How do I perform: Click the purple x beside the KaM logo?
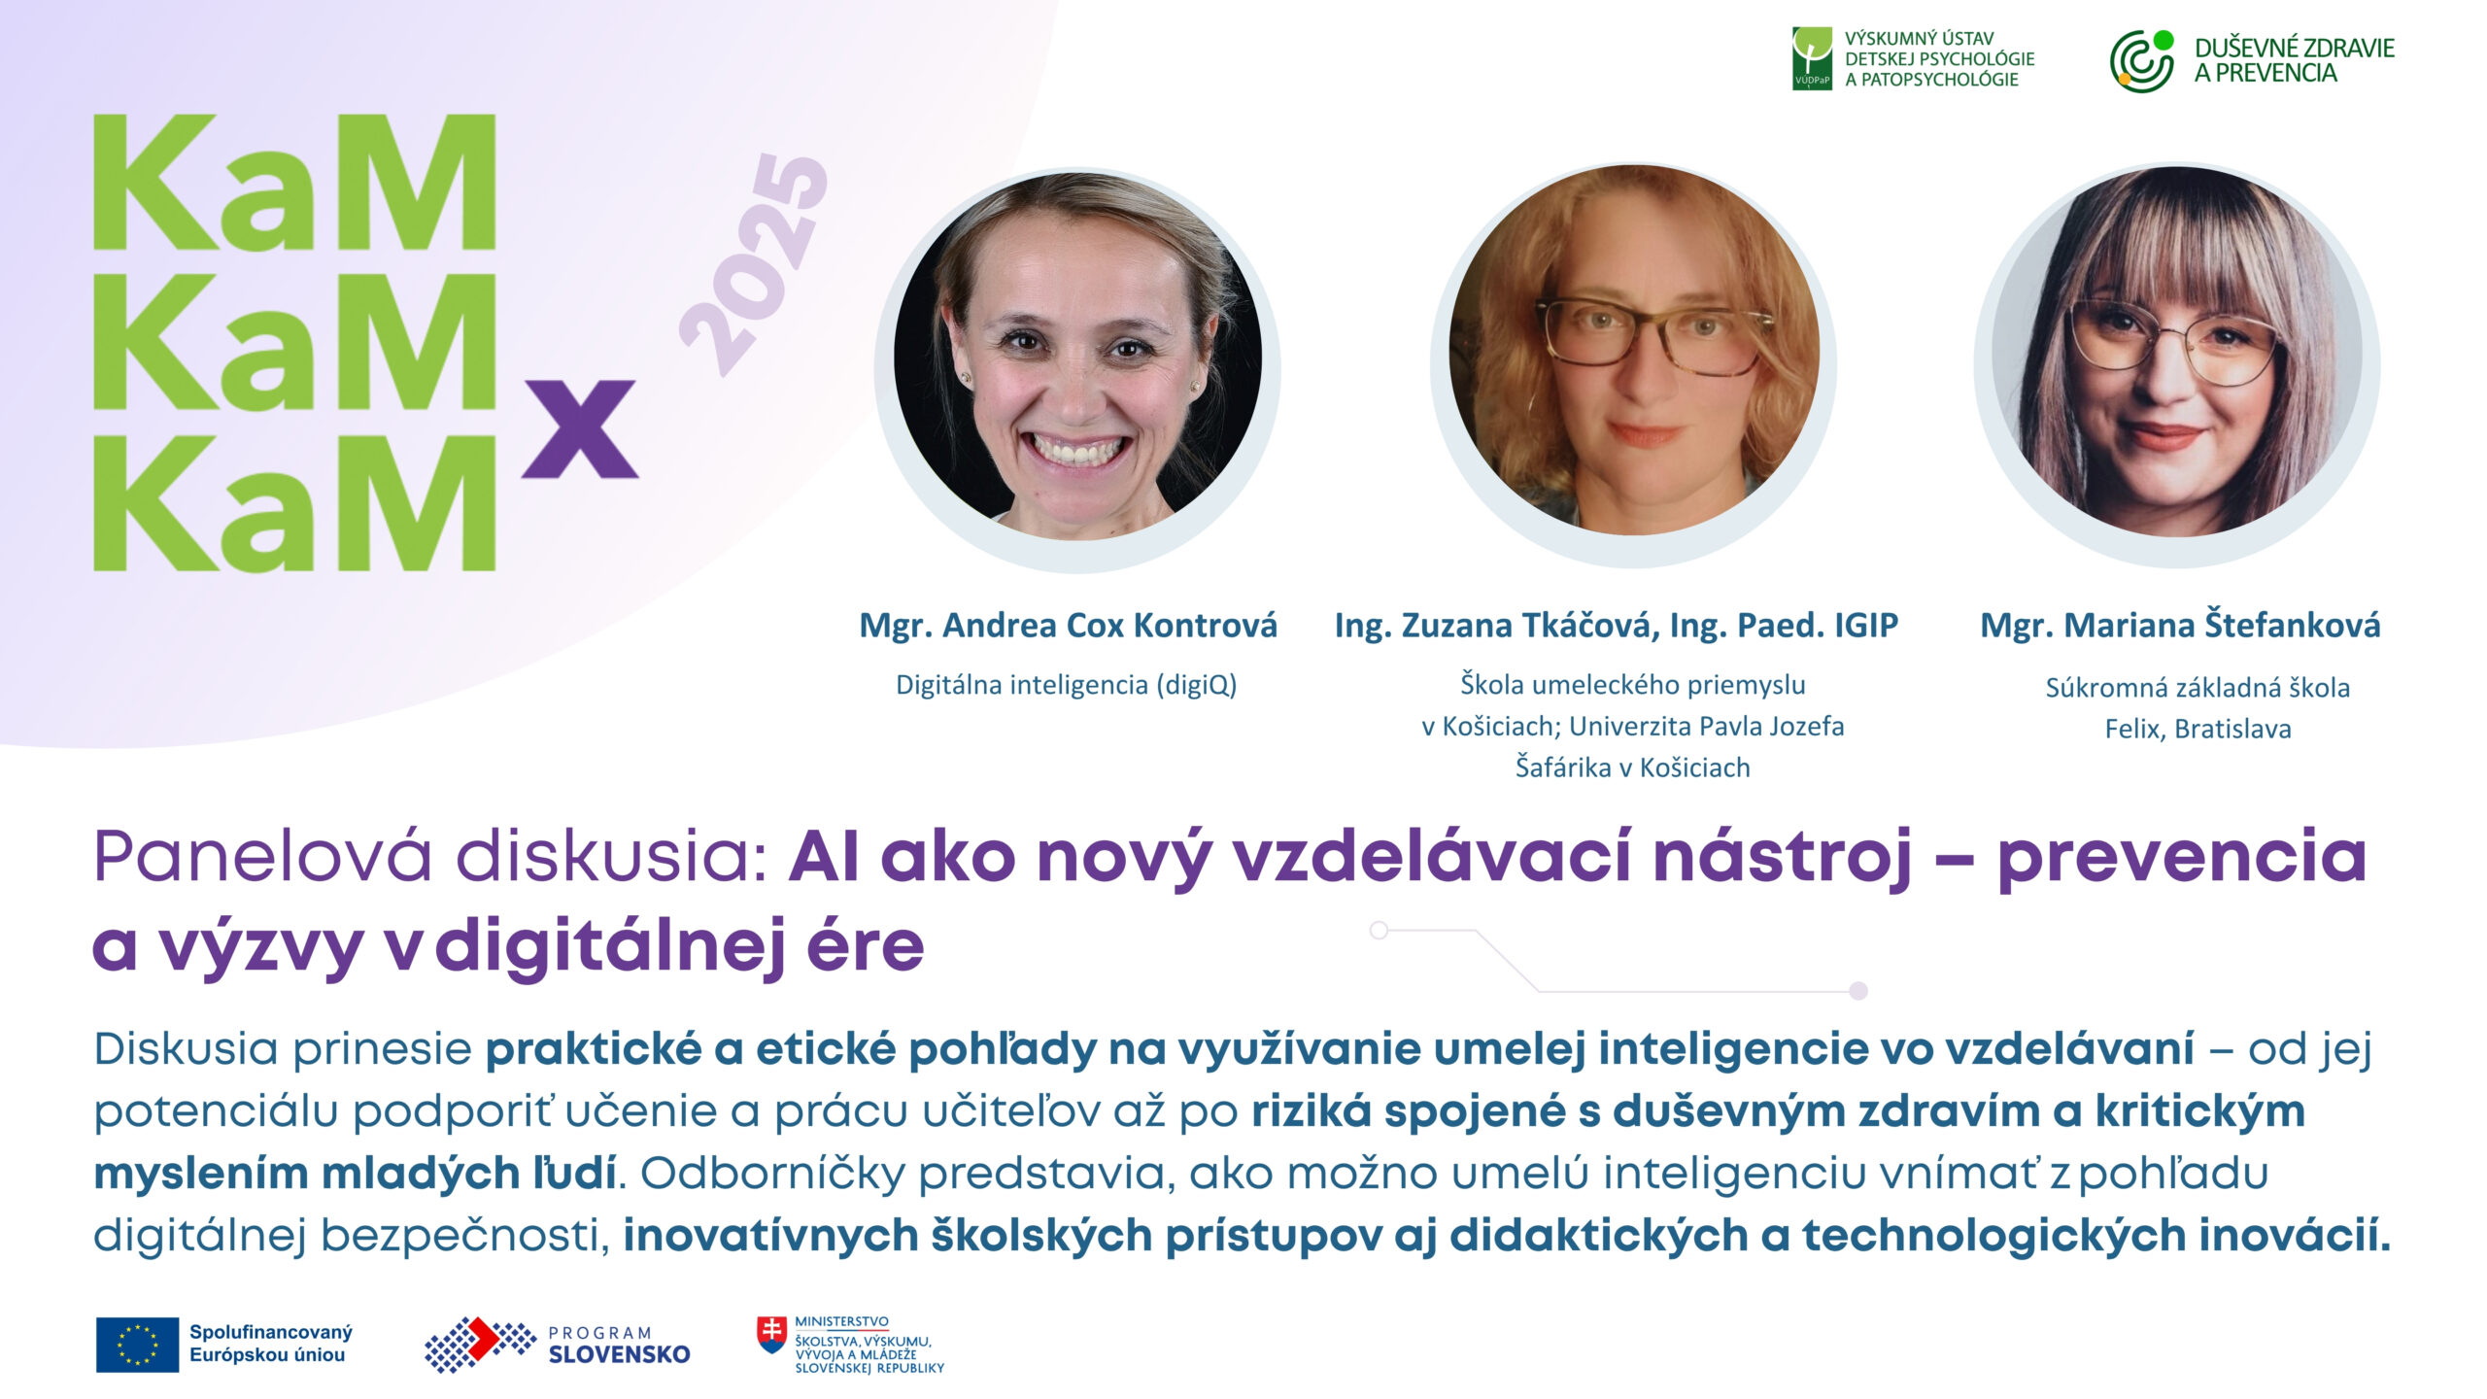(580, 428)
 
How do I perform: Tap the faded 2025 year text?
(754, 264)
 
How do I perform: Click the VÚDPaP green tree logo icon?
(1812, 58)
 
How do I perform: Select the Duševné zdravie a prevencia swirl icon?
(2141, 61)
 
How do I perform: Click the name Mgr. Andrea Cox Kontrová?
(1068, 625)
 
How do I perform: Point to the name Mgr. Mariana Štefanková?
(2180, 625)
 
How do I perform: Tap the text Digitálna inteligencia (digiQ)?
(1066, 685)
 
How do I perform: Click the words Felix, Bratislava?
(2197, 729)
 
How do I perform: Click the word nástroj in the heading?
(1783, 859)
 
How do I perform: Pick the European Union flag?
(137, 1345)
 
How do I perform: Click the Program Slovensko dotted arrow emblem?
(480, 1345)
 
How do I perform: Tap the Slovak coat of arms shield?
(772, 1335)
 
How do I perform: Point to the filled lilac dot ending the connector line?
(1858, 991)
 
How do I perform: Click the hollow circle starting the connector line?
(1379, 931)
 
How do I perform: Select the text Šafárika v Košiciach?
(1632, 768)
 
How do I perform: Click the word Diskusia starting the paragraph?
(186, 1049)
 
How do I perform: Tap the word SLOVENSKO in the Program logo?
(619, 1354)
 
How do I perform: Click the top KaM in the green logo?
(294, 182)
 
